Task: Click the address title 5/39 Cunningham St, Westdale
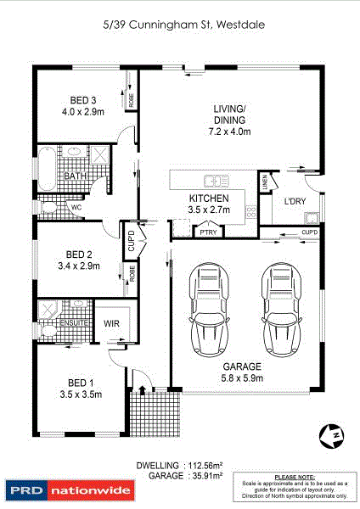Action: [179, 26]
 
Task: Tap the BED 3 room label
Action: [78, 100]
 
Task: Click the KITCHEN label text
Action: [208, 198]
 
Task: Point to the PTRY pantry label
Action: [206, 230]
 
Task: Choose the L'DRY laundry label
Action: [295, 201]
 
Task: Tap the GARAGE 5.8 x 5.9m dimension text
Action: [243, 378]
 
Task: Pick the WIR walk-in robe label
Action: [110, 323]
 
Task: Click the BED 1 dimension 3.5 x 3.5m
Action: [82, 394]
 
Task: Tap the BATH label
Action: [75, 176]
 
